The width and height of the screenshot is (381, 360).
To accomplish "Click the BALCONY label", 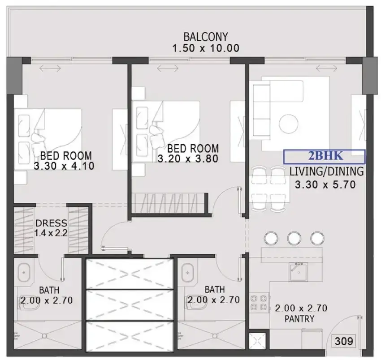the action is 206,37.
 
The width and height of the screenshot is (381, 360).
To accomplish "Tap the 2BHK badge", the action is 325,157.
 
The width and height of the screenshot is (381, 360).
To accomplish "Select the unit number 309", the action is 344,341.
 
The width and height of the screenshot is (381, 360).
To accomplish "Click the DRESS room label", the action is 51,223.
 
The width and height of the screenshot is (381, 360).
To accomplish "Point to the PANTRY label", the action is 299,318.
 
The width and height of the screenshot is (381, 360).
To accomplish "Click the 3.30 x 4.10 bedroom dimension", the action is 64,166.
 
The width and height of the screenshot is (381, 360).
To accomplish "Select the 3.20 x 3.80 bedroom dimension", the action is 188,159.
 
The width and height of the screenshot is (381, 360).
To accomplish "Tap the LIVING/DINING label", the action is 327,171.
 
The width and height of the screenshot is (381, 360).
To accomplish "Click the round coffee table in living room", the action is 288,124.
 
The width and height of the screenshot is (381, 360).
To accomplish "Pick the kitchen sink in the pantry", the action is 298,272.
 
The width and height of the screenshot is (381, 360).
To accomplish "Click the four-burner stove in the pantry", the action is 259,303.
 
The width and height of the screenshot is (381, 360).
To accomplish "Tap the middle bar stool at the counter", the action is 294,238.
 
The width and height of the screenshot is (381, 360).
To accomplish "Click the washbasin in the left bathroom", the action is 24,273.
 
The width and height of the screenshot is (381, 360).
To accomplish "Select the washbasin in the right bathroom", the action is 187,273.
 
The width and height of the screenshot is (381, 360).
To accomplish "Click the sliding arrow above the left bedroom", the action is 50,69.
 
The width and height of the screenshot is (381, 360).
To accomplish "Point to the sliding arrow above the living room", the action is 326,69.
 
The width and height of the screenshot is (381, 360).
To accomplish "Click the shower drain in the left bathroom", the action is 44,336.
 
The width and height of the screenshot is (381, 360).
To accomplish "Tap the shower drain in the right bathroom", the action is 214,336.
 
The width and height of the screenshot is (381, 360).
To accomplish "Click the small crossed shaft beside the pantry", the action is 258,341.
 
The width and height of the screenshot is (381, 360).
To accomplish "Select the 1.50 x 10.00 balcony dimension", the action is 206,48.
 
